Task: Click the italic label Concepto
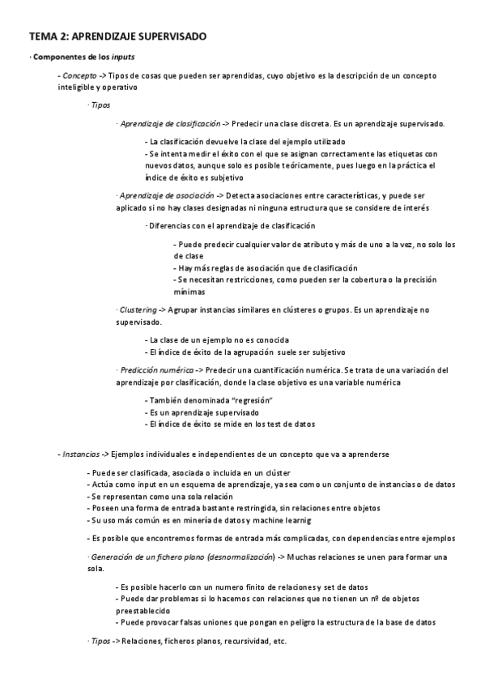pyautogui.click(x=79, y=75)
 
